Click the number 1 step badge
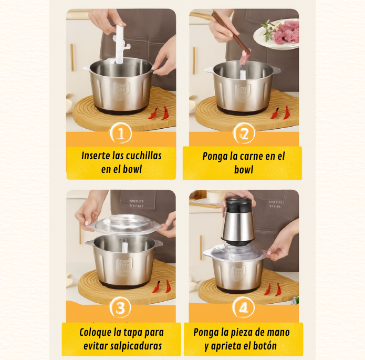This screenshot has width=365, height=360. coord(121,133)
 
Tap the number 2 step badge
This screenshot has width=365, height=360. coord(244,133)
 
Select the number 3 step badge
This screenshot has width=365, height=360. coord(120,307)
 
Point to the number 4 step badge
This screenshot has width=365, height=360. coord(244,307)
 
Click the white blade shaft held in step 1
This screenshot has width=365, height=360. coord(119,44)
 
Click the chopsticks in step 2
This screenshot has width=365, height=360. coord(231,32)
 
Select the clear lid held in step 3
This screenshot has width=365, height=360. coord(126,224)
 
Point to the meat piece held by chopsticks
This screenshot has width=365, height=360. coord(245,57)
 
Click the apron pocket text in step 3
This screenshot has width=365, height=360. coord(137,203)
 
